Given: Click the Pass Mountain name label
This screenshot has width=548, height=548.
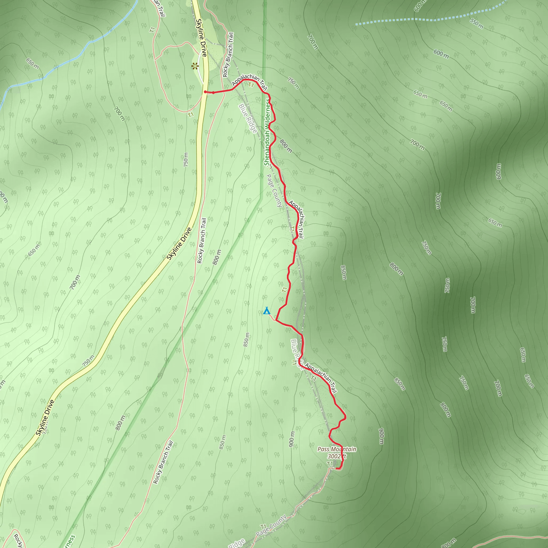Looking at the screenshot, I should tap(336, 449).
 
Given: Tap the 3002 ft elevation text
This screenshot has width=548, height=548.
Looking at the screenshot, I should tap(337, 456).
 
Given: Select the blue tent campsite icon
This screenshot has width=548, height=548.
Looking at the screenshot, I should tap(266, 311).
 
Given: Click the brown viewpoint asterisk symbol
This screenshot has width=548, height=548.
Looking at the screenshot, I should tap(195, 67).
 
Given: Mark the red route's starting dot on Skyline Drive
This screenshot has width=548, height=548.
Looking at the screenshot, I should tap(205, 92).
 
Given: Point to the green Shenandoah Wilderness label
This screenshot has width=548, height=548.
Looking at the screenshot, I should tap(267, 132).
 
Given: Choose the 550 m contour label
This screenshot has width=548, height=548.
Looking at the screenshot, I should tap(477, 24).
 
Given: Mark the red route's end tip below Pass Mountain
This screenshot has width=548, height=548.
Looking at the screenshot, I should tap(337, 469).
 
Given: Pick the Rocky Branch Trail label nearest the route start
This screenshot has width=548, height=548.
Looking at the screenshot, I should tap(228, 55).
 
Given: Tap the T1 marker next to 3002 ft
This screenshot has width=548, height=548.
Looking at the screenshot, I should tap(330, 463).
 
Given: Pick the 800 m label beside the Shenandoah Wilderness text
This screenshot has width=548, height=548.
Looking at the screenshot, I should tap(286, 146).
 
